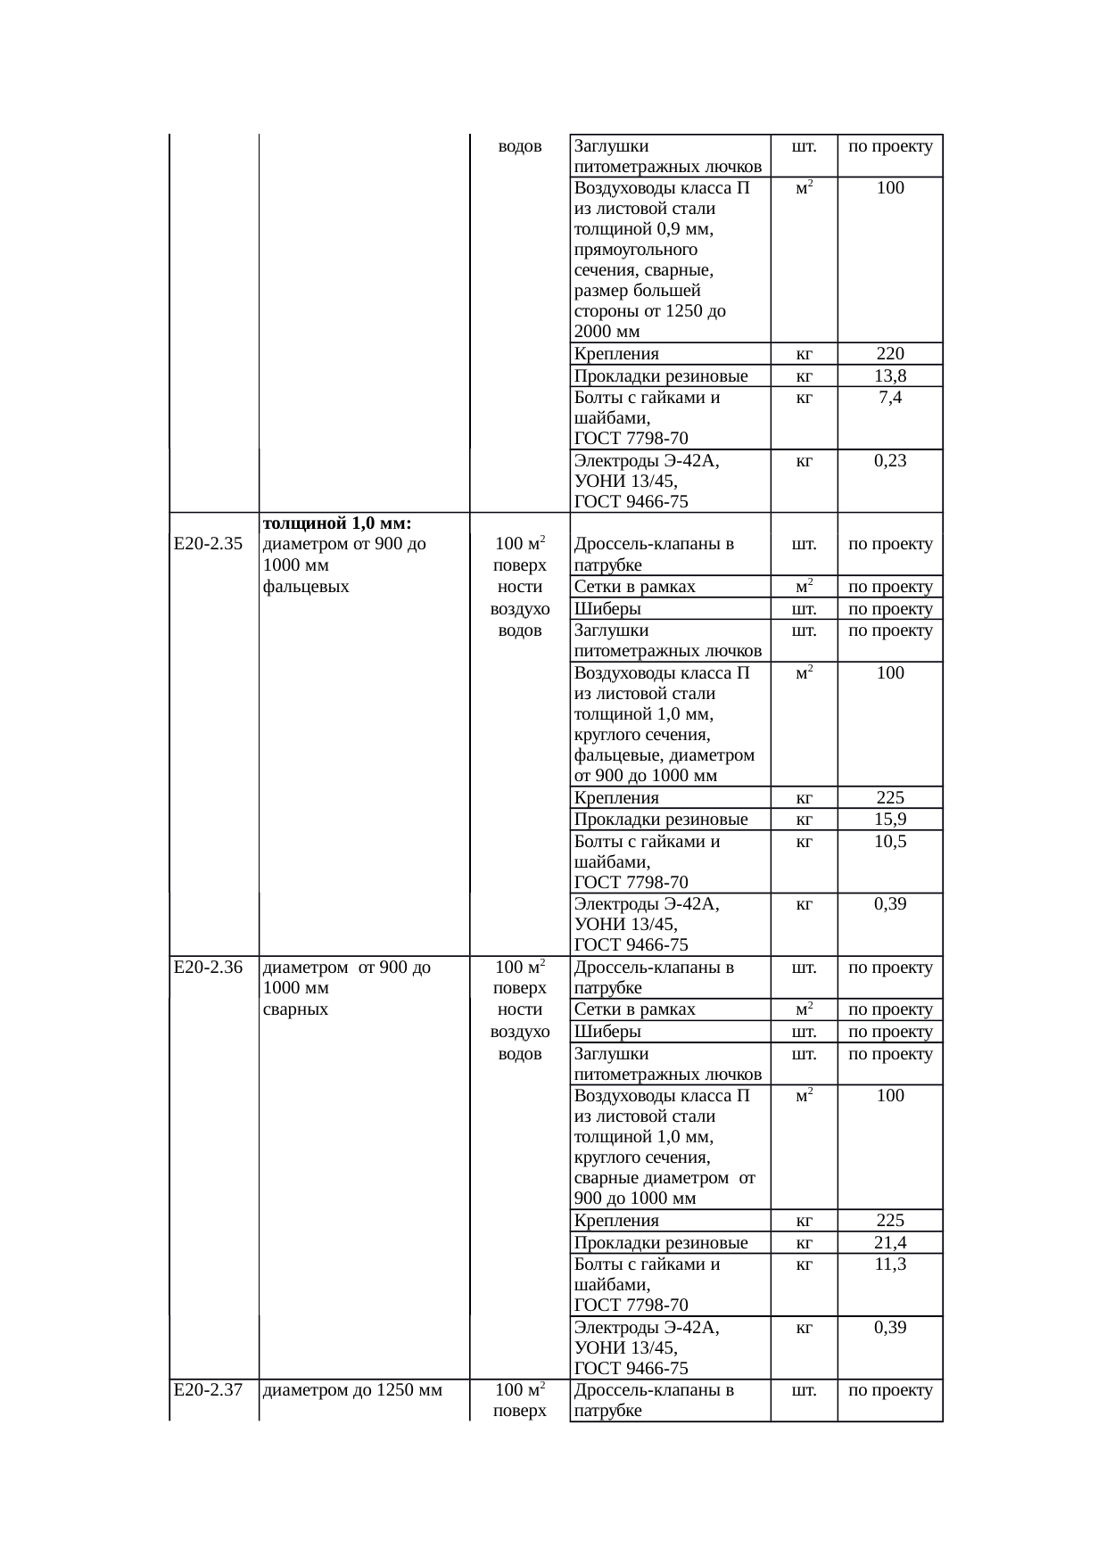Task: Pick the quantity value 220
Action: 890,353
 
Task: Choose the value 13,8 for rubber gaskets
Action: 890,375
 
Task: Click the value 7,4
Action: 890,398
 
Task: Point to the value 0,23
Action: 890,460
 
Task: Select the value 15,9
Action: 890,819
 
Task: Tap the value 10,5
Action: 890,841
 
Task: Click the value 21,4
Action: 890,1242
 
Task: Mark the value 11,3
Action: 890,1264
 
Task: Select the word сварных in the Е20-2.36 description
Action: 296,1009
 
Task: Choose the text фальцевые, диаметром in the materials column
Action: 664,755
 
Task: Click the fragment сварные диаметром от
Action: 664,1177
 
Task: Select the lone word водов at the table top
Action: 520,146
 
